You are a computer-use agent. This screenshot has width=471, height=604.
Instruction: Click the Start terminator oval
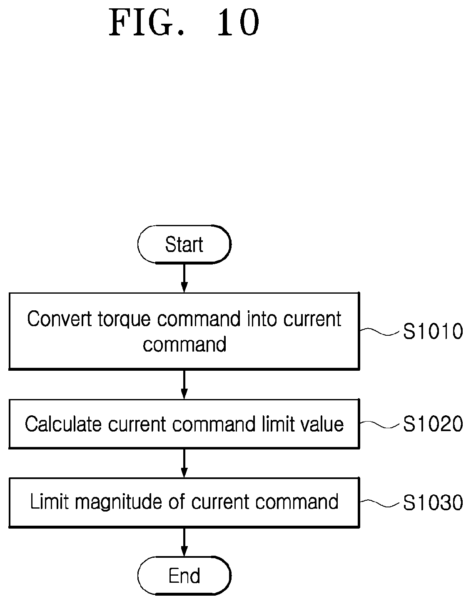coord(184,245)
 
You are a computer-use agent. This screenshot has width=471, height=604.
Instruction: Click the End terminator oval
coord(184,575)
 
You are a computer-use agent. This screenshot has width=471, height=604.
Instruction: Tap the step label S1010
coord(433,331)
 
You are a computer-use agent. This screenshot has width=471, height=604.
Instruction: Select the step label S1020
coord(433,424)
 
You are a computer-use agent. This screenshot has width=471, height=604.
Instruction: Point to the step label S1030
coord(433,502)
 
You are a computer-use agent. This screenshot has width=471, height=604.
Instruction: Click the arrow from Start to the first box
coord(184,278)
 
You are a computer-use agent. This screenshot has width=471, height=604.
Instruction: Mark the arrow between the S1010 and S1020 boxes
coord(184,385)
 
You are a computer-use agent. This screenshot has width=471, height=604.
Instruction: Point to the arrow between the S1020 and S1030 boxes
coord(184,463)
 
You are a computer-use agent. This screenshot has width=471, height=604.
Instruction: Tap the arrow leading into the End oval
coord(184,542)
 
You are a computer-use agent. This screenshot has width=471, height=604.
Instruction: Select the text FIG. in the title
coord(147,22)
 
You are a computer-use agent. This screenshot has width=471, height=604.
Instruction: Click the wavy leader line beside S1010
coord(380,331)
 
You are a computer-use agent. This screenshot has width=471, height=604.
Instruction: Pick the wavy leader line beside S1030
coord(380,502)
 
